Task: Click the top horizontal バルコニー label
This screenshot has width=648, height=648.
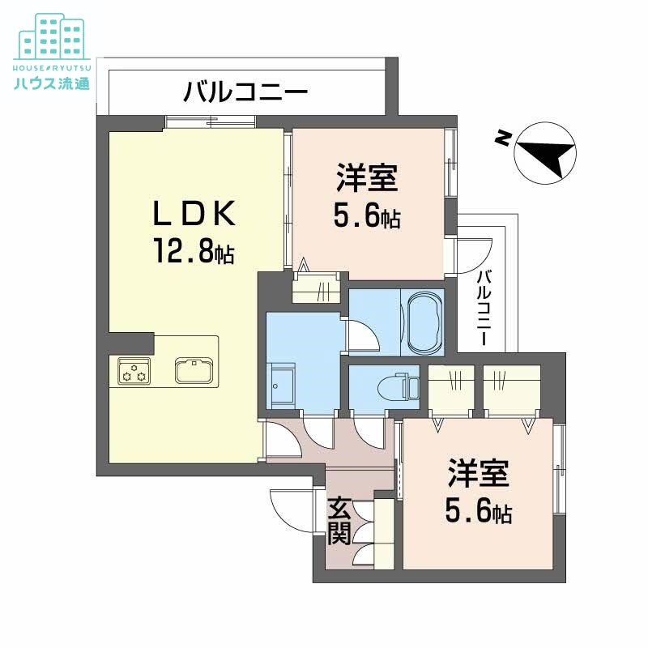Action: (245, 91)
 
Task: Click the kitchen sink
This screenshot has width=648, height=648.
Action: (194, 370)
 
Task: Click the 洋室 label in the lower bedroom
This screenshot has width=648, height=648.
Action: (478, 474)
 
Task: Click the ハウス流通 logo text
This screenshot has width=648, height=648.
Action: (53, 83)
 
